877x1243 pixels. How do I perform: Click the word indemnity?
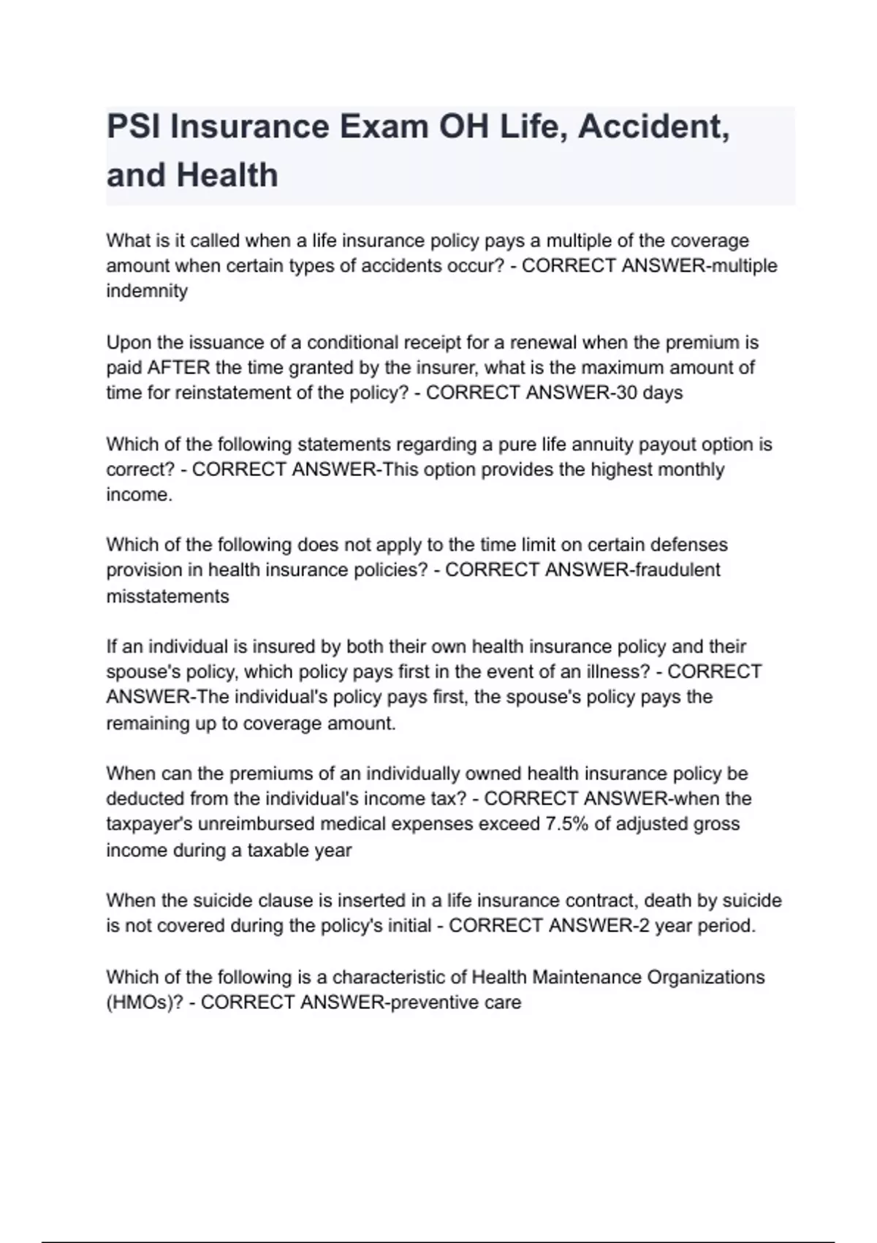(147, 291)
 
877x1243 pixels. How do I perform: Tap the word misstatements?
(167, 597)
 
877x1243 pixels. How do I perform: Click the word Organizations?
(701, 978)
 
